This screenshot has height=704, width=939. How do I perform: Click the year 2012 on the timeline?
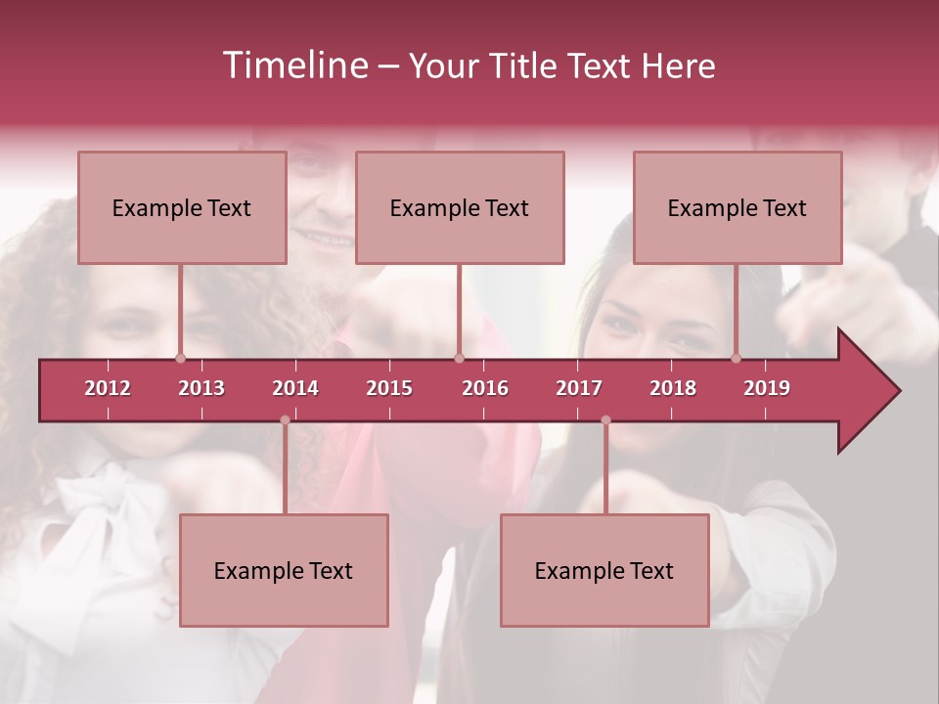(108, 388)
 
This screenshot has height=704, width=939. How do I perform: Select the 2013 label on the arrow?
(201, 388)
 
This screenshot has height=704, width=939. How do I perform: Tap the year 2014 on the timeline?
(295, 388)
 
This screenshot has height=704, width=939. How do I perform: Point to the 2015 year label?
(389, 388)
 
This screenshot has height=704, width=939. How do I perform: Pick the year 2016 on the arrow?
(485, 388)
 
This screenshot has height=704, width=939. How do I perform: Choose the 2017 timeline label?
(579, 388)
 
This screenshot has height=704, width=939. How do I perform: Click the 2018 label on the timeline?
(673, 388)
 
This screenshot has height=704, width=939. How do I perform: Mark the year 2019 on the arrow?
(767, 388)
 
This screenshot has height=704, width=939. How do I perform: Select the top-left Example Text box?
(182, 207)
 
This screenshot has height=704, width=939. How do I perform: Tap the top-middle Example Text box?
(460, 207)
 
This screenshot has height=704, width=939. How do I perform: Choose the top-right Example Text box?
(738, 207)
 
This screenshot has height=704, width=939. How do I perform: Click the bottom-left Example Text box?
(284, 570)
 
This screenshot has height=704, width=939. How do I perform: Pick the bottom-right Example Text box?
(604, 570)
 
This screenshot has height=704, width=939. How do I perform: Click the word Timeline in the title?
(294, 66)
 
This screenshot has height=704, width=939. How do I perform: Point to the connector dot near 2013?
(180, 358)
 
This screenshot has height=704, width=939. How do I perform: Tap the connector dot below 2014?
(285, 420)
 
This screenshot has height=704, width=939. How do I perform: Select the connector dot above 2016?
(459, 358)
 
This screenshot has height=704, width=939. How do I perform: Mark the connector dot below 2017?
(605, 420)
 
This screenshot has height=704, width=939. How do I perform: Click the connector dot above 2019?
(737, 358)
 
